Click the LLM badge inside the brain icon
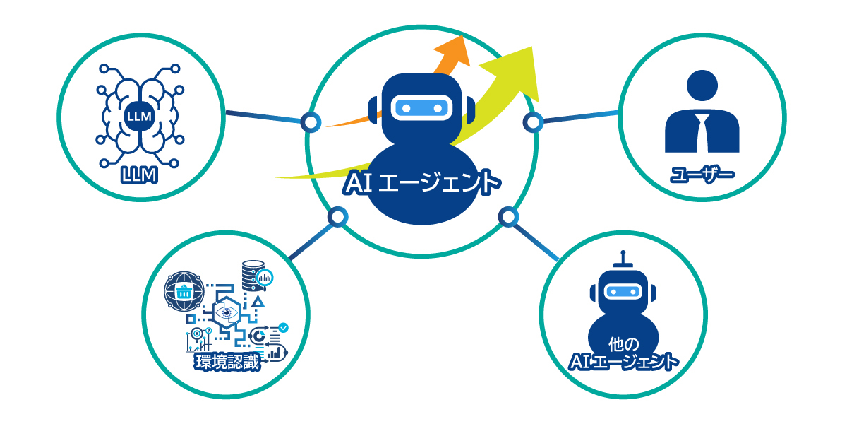click(138, 115)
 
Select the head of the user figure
click(702, 86)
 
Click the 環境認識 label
click(227, 363)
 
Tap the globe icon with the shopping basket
click(183, 290)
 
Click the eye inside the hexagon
click(227, 312)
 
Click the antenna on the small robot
click(622, 259)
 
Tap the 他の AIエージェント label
click(623, 354)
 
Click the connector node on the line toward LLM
click(310, 122)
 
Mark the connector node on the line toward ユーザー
click(533, 122)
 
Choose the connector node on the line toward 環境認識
click(338, 216)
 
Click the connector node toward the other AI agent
click(507, 216)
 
